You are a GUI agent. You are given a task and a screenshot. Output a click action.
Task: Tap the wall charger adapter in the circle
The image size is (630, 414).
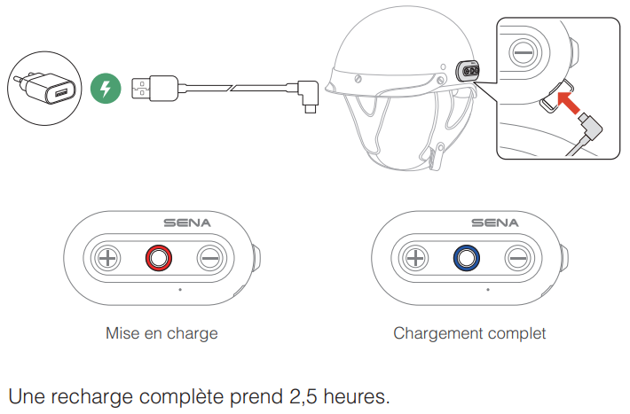[43, 86]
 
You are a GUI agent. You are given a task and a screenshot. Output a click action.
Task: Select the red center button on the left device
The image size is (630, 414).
[159, 259]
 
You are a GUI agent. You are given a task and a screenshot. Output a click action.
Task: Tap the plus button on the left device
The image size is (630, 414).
[108, 259]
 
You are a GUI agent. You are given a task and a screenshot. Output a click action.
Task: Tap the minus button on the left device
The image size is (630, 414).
[209, 259]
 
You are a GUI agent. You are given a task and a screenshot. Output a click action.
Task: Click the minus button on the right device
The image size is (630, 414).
[517, 259]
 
